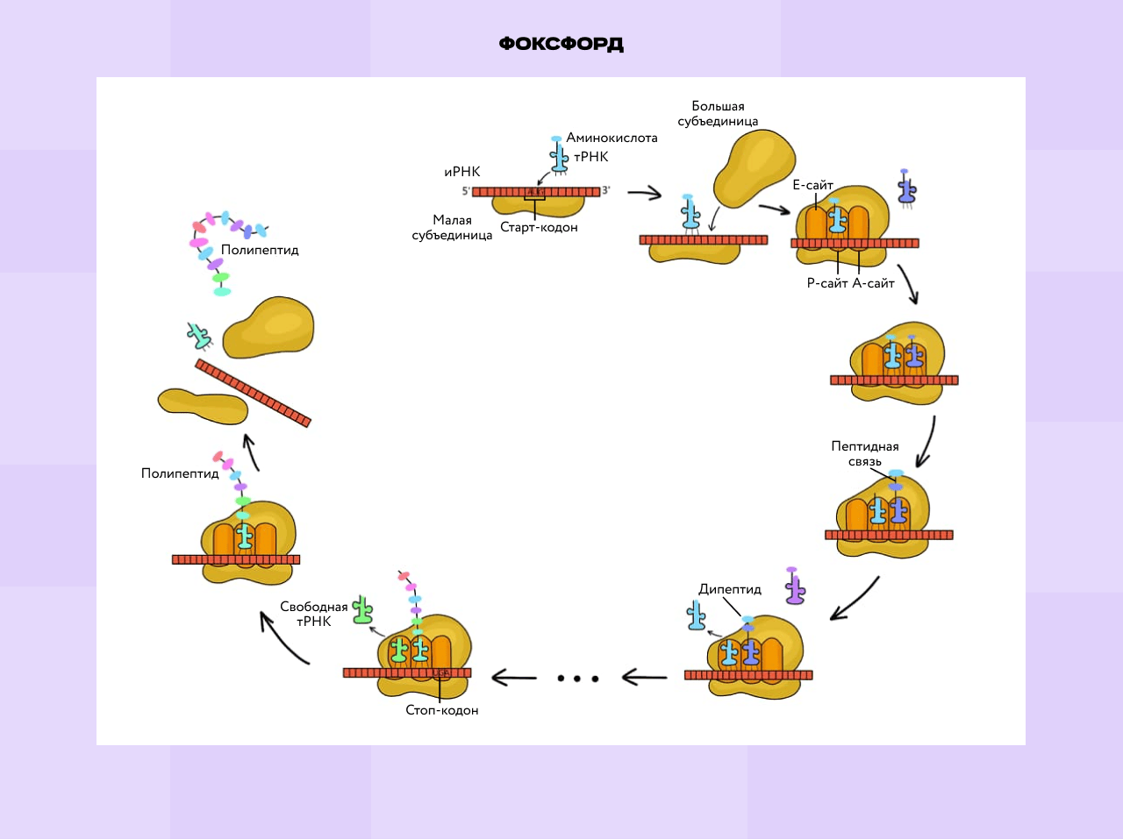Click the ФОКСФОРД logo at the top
click(561, 44)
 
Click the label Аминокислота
click(612, 138)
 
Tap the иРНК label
click(462, 172)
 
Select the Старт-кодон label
click(539, 227)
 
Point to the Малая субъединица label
click(452, 228)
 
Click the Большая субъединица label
click(718, 114)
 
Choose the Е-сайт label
click(812, 185)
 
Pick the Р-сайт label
click(826, 283)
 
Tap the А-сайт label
click(873, 283)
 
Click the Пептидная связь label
click(865, 453)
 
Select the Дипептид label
click(730, 589)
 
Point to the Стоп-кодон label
click(442, 710)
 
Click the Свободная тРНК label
click(314, 614)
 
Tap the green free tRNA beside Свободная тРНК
click(362, 610)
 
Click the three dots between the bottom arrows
click(578, 678)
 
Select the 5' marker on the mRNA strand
click(466, 191)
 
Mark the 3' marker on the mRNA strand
click(605, 190)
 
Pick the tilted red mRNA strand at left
click(253, 393)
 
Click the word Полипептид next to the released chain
click(260, 250)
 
